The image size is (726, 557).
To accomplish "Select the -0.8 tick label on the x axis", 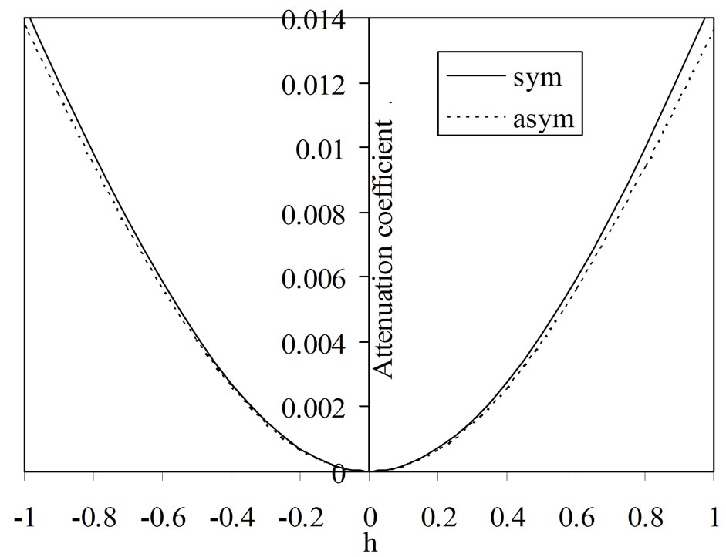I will click(x=93, y=515).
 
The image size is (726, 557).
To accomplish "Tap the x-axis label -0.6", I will click(x=161, y=515).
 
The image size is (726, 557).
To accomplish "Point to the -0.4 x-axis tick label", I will click(x=230, y=515).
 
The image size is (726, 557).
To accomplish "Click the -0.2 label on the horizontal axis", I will click(x=299, y=515).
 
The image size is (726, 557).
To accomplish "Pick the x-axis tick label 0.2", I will click(x=438, y=515).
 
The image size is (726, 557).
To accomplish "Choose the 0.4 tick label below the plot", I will click(x=507, y=515).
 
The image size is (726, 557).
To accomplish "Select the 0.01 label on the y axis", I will click(x=331, y=148).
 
